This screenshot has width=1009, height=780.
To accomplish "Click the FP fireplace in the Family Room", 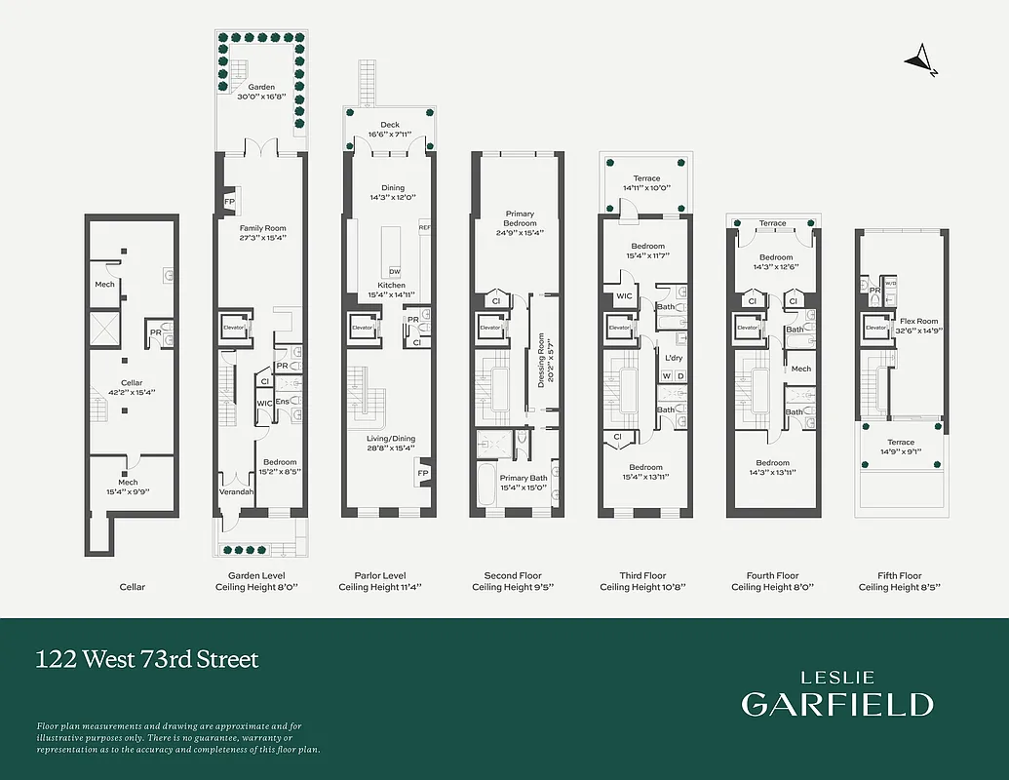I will click(x=229, y=201).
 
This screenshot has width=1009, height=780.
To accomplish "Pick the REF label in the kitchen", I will click(x=424, y=227).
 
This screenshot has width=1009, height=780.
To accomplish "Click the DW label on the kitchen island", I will click(x=394, y=271).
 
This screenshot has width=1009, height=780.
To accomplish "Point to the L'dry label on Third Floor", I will click(x=674, y=358).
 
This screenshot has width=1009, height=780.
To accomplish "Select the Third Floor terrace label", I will click(x=646, y=183).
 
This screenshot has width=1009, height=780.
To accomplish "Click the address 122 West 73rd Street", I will click(x=147, y=660).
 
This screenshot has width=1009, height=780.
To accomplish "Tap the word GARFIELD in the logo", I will click(x=836, y=704).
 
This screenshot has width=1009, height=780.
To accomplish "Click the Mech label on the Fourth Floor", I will click(x=801, y=369).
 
